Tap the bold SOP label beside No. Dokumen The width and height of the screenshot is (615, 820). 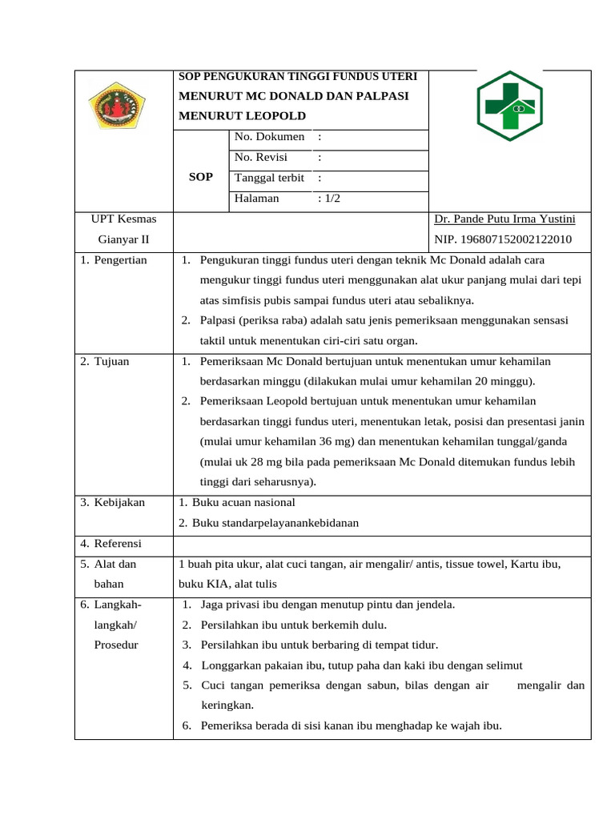click(x=200, y=177)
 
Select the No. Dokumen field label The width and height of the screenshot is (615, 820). click(x=269, y=137)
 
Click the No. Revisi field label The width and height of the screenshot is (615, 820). click(x=261, y=157)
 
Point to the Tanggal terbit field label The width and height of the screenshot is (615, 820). click(x=269, y=178)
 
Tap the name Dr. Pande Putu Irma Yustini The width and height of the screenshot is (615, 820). click(x=504, y=219)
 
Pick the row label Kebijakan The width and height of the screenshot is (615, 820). click(x=119, y=502)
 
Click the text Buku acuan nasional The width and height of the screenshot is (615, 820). click(x=243, y=502)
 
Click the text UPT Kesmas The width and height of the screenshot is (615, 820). click(x=124, y=219)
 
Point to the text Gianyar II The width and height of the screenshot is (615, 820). click(x=124, y=239)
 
